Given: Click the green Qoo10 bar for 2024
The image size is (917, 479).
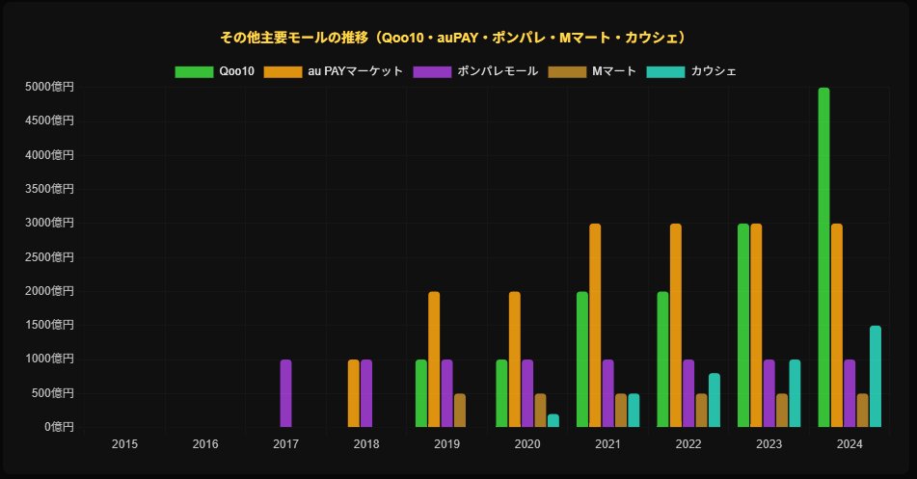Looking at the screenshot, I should pyautogui.click(x=823, y=257).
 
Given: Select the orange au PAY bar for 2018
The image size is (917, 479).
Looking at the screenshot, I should pyautogui.click(x=354, y=393).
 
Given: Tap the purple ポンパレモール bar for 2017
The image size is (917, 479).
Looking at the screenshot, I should pyautogui.click(x=286, y=393).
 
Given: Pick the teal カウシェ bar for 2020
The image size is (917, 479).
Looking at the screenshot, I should pyautogui.click(x=553, y=420).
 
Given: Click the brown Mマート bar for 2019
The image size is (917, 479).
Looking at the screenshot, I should pyautogui.click(x=460, y=410).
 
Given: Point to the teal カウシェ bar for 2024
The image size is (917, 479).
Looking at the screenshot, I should pyautogui.click(x=876, y=376).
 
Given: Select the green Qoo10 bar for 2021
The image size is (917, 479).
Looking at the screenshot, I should pyautogui.click(x=582, y=359).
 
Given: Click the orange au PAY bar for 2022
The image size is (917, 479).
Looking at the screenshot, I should pyautogui.click(x=676, y=326).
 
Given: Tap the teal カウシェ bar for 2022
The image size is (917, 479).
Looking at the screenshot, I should pyautogui.click(x=715, y=400).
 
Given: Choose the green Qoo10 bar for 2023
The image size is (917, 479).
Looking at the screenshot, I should pyautogui.click(x=743, y=326).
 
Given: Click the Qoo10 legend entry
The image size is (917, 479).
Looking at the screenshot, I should pyautogui.click(x=215, y=71).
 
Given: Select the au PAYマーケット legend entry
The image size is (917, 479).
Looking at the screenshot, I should pyautogui.click(x=334, y=71).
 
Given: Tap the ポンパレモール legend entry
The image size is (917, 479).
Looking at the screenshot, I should pyautogui.click(x=475, y=71).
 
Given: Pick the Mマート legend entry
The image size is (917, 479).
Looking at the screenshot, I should pyautogui.click(x=592, y=71).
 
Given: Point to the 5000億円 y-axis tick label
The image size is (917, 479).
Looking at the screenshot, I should pyautogui.click(x=50, y=88).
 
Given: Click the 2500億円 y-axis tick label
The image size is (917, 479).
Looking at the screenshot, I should pyautogui.click(x=50, y=257).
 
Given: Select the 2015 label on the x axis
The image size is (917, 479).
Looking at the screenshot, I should pyautogui.click(x=124, y=444).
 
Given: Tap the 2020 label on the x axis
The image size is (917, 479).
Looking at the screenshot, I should pyautogui.click(x=527, y=444).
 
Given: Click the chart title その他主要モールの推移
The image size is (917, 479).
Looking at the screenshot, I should pyautogui.click(x=454, y=38).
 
